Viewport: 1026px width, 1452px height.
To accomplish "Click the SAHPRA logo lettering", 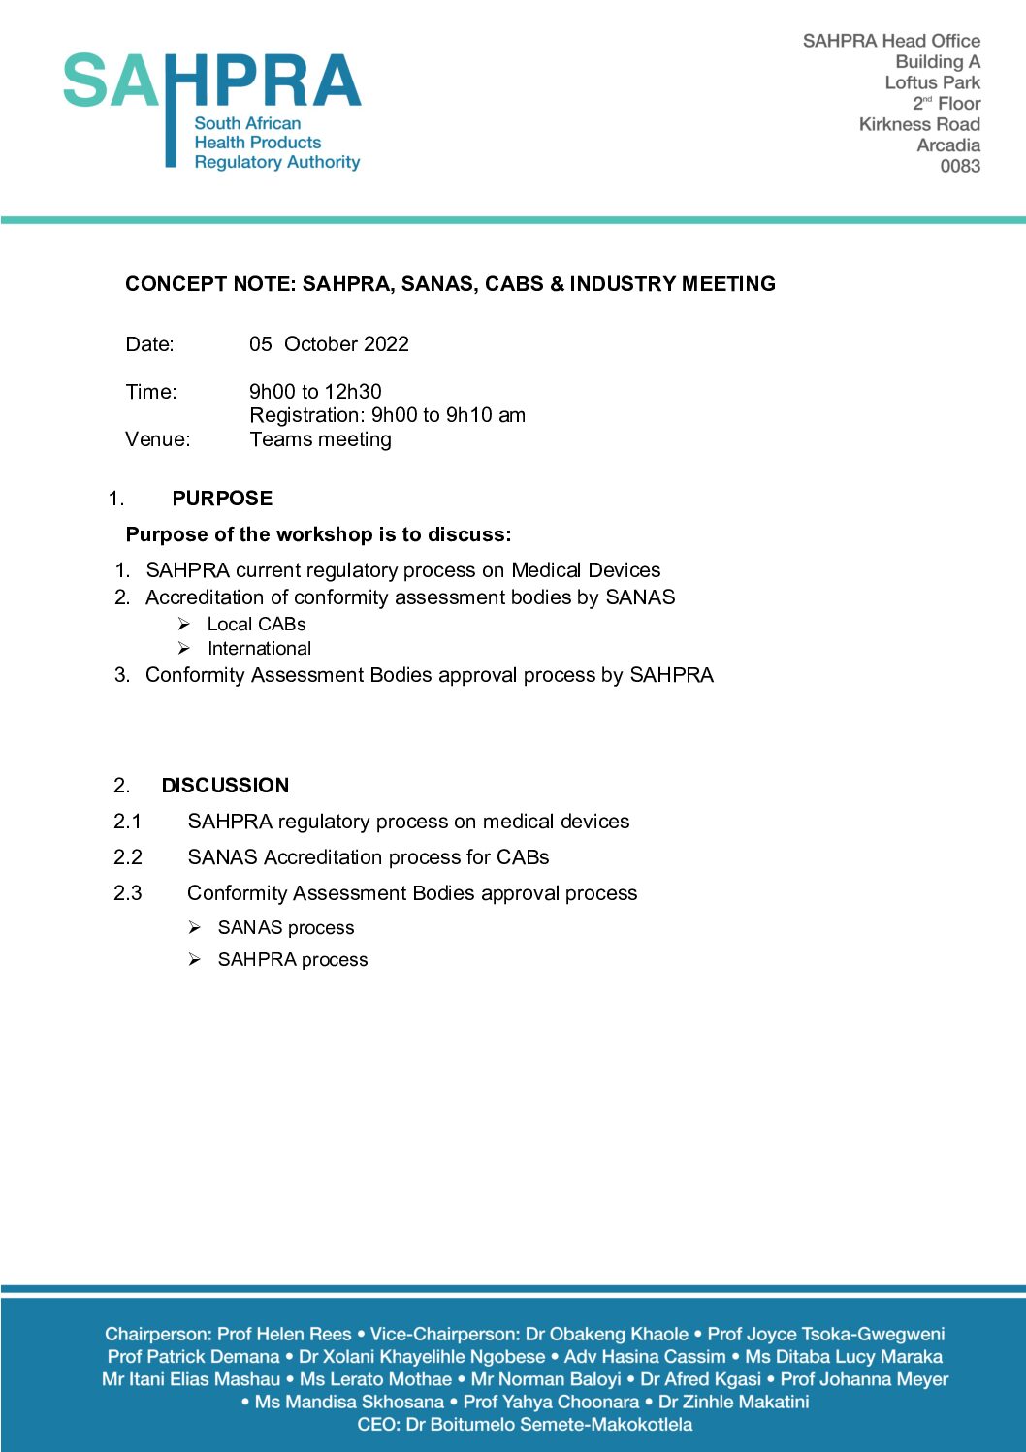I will [x=211, y=81].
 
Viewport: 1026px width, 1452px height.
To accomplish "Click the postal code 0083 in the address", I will [x=959, y=166].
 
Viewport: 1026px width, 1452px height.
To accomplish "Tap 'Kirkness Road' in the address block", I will [x=918, y=124].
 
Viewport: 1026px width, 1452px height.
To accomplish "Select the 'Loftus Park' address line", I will [x=932, y=82].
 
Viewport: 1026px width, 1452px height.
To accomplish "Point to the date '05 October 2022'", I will [x=329, y=344].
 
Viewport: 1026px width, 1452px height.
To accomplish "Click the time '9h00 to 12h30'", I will [x=315, y=392].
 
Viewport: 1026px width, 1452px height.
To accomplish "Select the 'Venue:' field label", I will [x=158, y=439].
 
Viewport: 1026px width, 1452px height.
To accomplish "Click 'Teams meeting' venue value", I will [x=320, y=439].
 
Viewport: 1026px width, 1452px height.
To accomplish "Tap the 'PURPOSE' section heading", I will [x=222, y=499].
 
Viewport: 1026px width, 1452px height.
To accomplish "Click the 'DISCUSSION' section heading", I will [x=225, y=786].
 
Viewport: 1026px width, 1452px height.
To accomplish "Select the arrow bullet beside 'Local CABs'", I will [x=183, y=624].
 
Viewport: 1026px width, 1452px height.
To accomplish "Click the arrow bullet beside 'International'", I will [x=183, y=648].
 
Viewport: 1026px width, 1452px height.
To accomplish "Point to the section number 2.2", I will [x=128, y=857].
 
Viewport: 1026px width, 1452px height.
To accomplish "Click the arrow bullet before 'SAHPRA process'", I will [x=194, y=959].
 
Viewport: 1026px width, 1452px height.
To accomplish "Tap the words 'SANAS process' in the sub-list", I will [x=286, y=928].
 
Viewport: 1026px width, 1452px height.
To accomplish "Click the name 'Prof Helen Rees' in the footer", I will [x=284, y=1334].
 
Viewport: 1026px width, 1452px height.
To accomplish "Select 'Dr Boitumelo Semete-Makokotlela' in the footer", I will [x=549, y=1424].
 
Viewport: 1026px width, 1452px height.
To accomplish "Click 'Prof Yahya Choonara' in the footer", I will [x=551, y=1402].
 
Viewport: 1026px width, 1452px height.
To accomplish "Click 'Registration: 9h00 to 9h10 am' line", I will [x=387, y=415].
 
